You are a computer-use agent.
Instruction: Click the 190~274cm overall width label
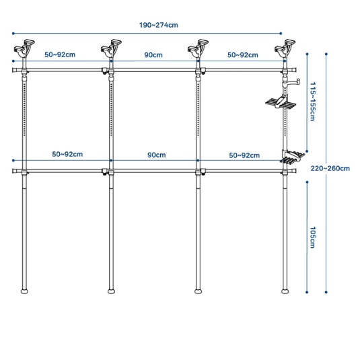tap(158, 25)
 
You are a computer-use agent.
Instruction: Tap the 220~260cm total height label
tap(330, 168)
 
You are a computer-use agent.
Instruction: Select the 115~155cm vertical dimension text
tap(313, 102)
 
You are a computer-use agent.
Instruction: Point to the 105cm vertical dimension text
tap(313, 238)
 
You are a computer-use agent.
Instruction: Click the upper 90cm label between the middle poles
tap(153, 55)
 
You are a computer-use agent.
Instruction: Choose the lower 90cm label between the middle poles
tap(157, 155)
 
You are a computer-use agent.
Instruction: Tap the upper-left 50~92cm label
tap(60, 55)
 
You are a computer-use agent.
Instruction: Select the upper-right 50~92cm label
tap(243, 55)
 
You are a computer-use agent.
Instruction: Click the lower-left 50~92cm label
tap(67, 154)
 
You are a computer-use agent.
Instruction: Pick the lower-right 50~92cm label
tap(244, 155)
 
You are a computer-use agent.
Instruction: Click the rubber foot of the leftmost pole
tap(24, 291)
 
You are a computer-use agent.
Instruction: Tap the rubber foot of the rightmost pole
tap(285, 291)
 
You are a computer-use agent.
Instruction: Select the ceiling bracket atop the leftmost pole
tap(24, 48)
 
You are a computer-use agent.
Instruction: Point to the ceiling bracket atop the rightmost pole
tap(285, 48)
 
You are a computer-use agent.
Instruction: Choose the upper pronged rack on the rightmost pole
tap(281, 102)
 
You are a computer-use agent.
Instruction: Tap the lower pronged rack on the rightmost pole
tap(292, 157)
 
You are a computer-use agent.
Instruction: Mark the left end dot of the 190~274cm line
tap(13, 34)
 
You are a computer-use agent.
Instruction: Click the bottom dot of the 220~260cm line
tap(326, 292)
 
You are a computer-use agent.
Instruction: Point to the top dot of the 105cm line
tap(307, 182)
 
